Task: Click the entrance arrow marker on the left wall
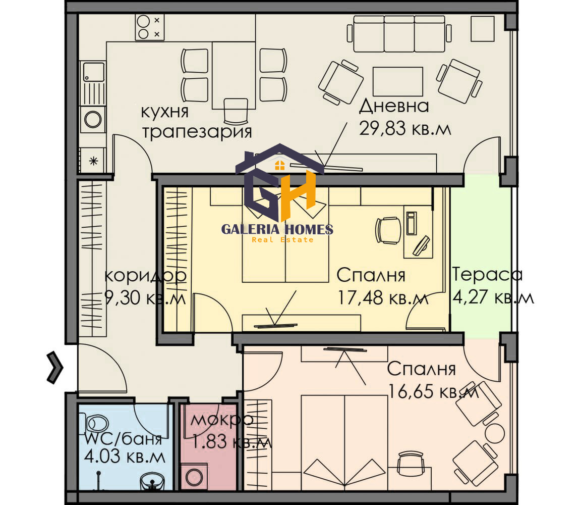(55, 368)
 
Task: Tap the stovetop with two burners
(150, 27)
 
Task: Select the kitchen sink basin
(93, 71)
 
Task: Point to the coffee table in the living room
(397, 81)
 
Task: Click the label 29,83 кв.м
(404, 129)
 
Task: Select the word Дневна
(394, 106)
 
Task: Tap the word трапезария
(197, 132)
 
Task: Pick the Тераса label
(487, 275)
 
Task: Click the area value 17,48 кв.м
(382, 298)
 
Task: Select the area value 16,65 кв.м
(433, 391)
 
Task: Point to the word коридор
(145, 276)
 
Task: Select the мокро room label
(221, 419)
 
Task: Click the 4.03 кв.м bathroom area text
(125, 458)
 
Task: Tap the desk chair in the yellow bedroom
(387, 230)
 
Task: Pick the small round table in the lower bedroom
(494, 433)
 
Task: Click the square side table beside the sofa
(482, 29)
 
